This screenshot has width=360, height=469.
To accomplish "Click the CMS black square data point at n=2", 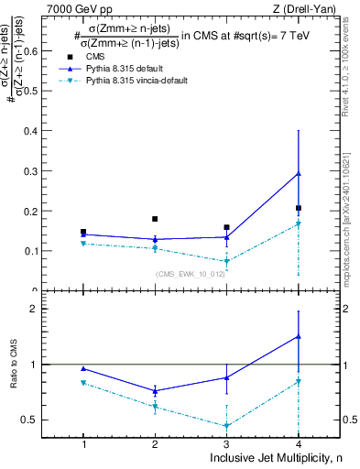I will (155, 219).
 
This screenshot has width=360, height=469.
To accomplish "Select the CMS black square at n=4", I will (299, 208).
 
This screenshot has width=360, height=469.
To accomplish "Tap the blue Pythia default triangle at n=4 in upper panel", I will (299, 173).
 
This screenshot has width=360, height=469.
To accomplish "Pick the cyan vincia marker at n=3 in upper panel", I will (226, 261).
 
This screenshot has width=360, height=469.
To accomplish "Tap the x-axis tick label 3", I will (226, 444).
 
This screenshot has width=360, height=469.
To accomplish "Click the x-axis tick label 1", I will (83, 444).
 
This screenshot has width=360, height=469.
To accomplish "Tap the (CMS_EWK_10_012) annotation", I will (190, 273).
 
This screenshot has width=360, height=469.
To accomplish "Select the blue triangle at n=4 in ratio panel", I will (299, 336).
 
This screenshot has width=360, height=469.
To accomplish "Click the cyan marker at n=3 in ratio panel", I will (226, 425).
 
